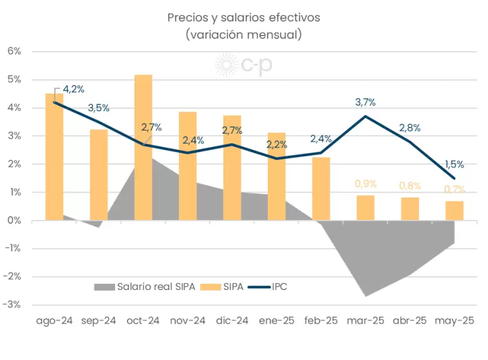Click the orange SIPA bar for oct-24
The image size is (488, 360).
tap(143, 147)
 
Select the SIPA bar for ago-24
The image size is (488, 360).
tap(54, 157)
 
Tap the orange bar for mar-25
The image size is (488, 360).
tap(365, 208)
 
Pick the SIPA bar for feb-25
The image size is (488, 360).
tap(321, 189)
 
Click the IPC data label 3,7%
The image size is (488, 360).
tap(365, 102)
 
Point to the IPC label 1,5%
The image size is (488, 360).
tap(454, 164)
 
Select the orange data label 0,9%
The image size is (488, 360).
tap(366, 184)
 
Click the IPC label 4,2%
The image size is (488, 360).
tap(73, 89)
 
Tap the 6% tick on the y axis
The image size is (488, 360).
tap(14, 51)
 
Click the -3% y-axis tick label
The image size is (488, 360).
tap(12, 304)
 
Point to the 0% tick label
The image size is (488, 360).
tap(14, 221)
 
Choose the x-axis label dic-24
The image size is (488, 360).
tap(232, 321)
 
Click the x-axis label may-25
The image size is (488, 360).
tap(454, 321)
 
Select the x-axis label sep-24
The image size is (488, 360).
tap(99, 321)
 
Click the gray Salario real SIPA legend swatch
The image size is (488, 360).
tap(104, 287)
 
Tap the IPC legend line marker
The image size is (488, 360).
tap(259, 287)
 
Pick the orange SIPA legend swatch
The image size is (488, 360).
tap(210, 287)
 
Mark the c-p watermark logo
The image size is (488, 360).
tap(243, 64)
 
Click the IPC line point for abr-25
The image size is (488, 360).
tap(410, 142)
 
